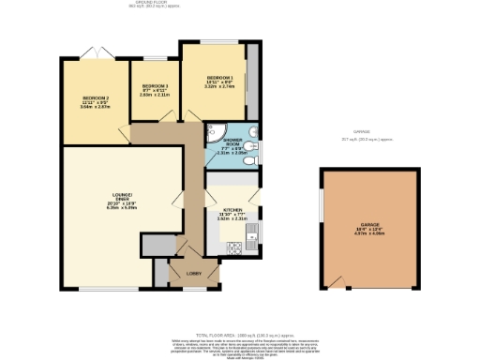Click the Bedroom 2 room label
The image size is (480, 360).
coord(96,101)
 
